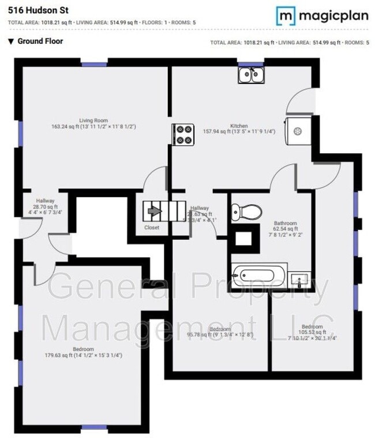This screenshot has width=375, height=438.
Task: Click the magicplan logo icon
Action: (x=285, y=16)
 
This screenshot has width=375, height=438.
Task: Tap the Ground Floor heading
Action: (x=40, y=41)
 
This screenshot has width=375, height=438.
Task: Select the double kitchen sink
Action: (x=251, y=75)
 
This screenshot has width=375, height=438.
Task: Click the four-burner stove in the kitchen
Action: (x=183, y=135)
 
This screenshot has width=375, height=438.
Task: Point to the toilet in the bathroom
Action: (x=246, y=212)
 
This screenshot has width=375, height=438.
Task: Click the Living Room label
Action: (x=93, y=121)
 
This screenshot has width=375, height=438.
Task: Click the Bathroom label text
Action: (x=285, y=224)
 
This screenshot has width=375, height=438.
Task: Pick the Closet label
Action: (x=152, y=228)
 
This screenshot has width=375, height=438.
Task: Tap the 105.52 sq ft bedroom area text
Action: (x=312, y=332)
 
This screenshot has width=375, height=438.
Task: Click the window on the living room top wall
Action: (x=94, y=64)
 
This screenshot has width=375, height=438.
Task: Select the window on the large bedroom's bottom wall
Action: (x=93, y=428)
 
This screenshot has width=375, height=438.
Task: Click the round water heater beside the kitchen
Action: (x=298, y=131)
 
